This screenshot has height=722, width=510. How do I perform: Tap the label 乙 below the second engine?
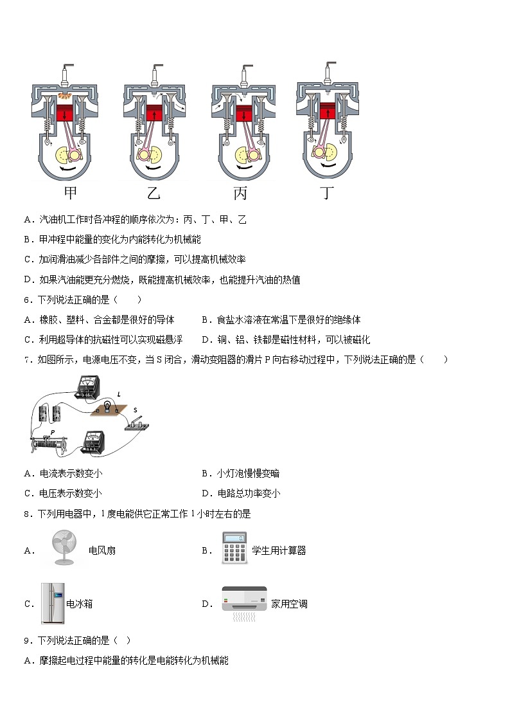coord(153,192)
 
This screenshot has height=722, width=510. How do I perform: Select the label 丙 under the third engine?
coord(240,192)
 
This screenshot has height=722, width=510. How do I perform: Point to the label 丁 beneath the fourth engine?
coord(328,192)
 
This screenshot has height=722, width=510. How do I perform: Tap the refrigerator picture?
coord(53,602)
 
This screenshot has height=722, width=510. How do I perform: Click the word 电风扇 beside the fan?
coord(102,550)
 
